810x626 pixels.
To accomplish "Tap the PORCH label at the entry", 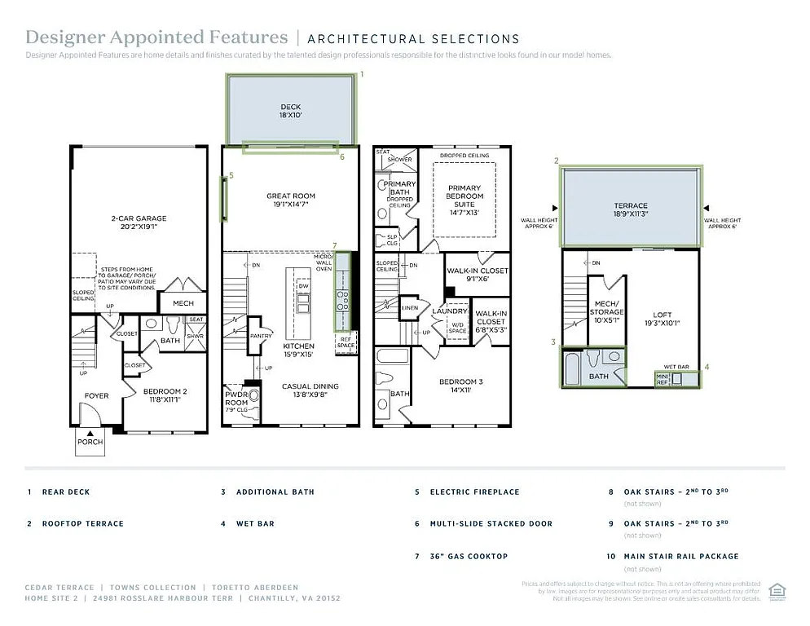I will point(90,442).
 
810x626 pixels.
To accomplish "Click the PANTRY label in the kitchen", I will point(262,335).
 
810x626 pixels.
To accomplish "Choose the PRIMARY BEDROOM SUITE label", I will point(464,196).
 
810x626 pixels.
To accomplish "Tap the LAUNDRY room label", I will point(450,311).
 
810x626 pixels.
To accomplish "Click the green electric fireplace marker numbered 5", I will point(223,198).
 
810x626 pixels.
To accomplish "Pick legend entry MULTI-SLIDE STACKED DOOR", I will point(491,523).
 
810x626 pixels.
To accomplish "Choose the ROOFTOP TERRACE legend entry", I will point(82,523).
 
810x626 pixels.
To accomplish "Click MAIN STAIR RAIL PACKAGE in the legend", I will point(681,556).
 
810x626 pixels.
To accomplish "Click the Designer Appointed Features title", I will point(156,37).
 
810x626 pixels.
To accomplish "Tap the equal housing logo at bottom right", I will point(777,589).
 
